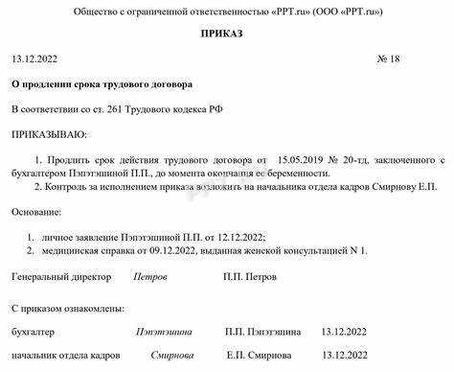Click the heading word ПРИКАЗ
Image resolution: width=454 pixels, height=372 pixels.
[227, 35]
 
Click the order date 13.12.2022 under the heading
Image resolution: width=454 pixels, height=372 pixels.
[39, 58]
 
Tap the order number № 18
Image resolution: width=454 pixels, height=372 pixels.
[388, 58]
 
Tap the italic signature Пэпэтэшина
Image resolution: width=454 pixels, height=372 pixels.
[165, 331]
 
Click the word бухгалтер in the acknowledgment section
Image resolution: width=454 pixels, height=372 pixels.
[34, 331]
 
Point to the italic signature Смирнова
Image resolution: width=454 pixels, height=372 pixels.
[170, 355]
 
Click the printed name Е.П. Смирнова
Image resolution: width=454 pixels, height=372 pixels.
[258, 355]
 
